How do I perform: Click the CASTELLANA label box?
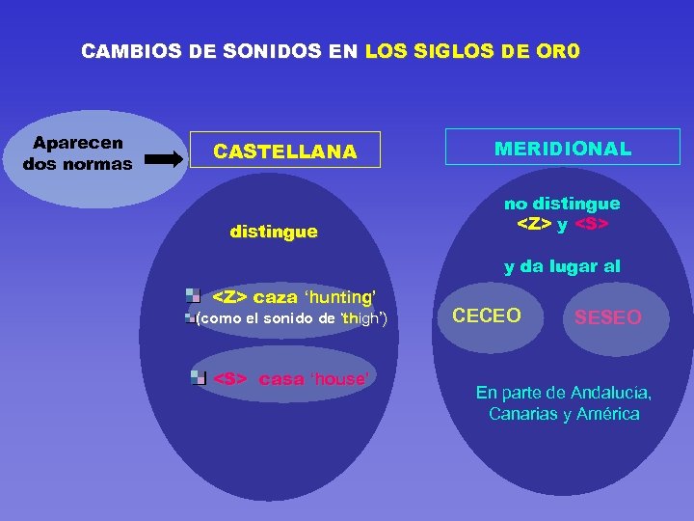click(285, 151)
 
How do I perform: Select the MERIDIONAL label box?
click(563, 149)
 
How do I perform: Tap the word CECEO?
click(487, 315)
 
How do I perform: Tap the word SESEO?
click(607, 317)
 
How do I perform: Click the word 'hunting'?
click(339, 297)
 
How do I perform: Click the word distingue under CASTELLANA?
click(274, 232)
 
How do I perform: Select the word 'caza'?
click(276, 297)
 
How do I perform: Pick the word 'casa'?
click(281, 378)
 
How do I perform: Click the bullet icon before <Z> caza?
click(194, 296)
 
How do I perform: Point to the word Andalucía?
click(611, 393)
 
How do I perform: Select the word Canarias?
click(521, 414)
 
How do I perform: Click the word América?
click(606, 414)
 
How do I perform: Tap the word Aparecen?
click(78, 143)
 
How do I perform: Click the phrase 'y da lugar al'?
click(562, 266)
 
